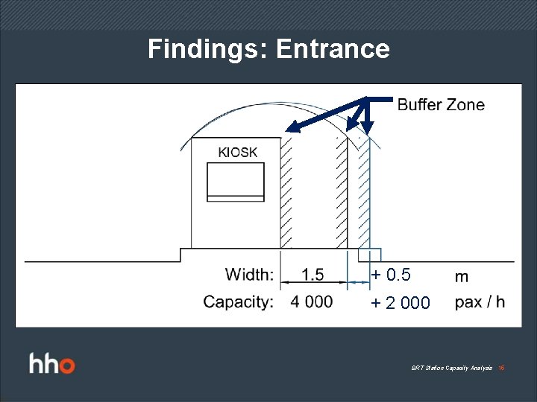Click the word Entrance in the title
(333, 49)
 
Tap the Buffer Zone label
(441, 105)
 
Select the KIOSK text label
(237, 152)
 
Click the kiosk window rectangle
(236, 182)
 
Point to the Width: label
(249, 275)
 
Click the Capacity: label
(238, 301)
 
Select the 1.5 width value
(313, 275)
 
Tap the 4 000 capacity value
(312, 301)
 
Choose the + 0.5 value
(392, 275)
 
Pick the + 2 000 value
(401, 303)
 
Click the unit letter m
(462, 276)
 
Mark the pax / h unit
(480, 301)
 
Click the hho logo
(52, 365)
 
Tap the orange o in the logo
(67, 366)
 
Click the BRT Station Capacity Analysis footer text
(451, 368)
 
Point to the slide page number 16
(501, 368)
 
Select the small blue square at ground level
(370, 254)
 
